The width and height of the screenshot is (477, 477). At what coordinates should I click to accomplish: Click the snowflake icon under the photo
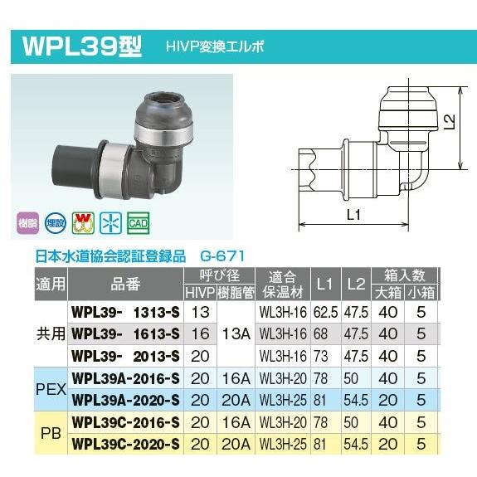tap(109, 224)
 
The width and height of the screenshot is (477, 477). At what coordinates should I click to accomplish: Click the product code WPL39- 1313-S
tap(126, 313)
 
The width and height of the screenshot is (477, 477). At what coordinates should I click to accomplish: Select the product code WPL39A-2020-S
tap(126, 398)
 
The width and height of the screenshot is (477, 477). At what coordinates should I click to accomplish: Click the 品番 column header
tap(126, 284)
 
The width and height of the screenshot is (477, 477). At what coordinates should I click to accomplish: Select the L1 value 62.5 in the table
tap(324, 313)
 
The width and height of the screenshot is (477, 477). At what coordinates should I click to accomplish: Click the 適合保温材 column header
tap(282, 284)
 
